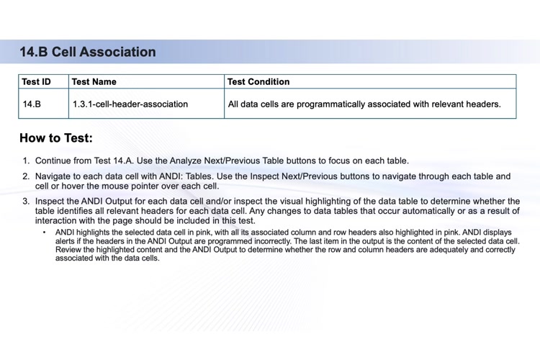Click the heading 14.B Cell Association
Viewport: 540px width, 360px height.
(x=88, y=52)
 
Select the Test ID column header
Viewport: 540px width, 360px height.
(x=37, y=81)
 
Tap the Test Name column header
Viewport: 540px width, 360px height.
(x=94, y=81)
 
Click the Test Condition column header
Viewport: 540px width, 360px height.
(x=258, y=81)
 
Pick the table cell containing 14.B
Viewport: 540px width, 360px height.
(x=32, y=104)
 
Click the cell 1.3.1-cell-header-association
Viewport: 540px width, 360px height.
(x=130, y=104)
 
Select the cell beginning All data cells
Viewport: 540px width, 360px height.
(x=364, y=104)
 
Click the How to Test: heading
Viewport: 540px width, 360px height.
(x=56, y=138)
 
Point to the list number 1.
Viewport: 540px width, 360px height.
(x=25, y=161)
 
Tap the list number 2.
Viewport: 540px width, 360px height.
(x=25, y=176)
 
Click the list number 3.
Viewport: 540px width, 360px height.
(x=25, y=202)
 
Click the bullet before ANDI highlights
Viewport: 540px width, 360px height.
(x=44, y=233)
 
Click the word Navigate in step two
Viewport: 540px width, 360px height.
(x=55, y=176)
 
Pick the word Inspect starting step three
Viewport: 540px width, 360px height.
(x=52, y=202)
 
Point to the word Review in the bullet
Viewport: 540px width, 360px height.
(x=70, y=250)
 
